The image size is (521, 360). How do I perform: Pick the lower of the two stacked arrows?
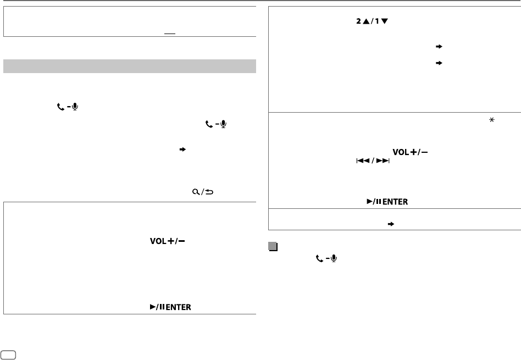coord(438,63)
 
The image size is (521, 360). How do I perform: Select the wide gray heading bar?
coord(130,66)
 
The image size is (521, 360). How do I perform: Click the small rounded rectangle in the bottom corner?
coord(8,355)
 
